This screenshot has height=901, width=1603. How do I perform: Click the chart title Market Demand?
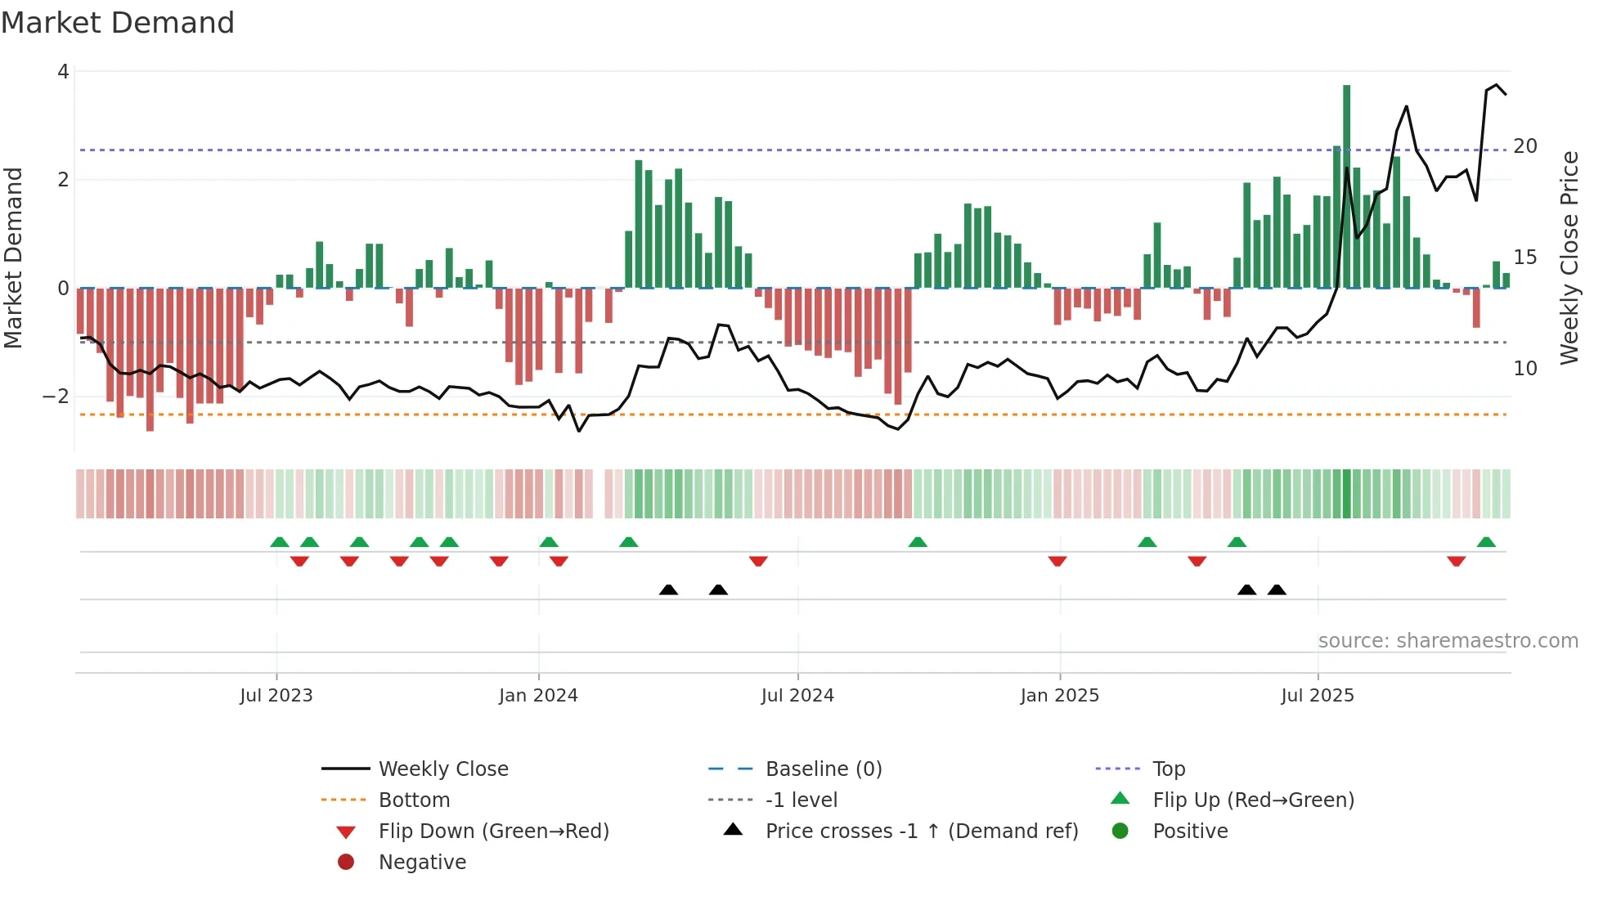pos(118,23)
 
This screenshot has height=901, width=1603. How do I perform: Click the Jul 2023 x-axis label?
pos(276,696)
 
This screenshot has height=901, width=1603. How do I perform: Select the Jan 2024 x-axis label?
pos(538,696)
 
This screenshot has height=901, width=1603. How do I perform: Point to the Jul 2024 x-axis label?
pos(797,696)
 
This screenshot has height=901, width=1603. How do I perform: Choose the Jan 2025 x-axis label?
pos(1060,696)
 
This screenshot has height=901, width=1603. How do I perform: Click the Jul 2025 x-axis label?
pos(1318,696)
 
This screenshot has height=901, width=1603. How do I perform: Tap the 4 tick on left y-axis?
pos(63,72)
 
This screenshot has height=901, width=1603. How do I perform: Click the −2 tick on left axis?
pos(56,397)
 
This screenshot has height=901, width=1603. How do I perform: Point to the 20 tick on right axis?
pos(1525,146)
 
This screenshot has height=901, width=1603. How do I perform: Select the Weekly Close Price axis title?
pos(1569,258)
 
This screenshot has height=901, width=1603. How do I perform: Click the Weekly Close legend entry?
pos(442,769)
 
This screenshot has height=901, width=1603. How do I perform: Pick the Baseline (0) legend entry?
pos(823,769)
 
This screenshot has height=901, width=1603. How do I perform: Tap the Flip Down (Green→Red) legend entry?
pos(493,832)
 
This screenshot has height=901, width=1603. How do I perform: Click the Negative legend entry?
pos(422,863)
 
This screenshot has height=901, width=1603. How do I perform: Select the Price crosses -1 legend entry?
pos(921,832)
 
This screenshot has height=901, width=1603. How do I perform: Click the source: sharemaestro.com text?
pos(1448,641)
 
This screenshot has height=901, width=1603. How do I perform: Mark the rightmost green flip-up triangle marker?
pos(1486,542)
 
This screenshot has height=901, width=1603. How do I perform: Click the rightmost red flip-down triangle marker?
pos(1456,561)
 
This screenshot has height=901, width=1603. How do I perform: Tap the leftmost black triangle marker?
pos(668,589)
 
